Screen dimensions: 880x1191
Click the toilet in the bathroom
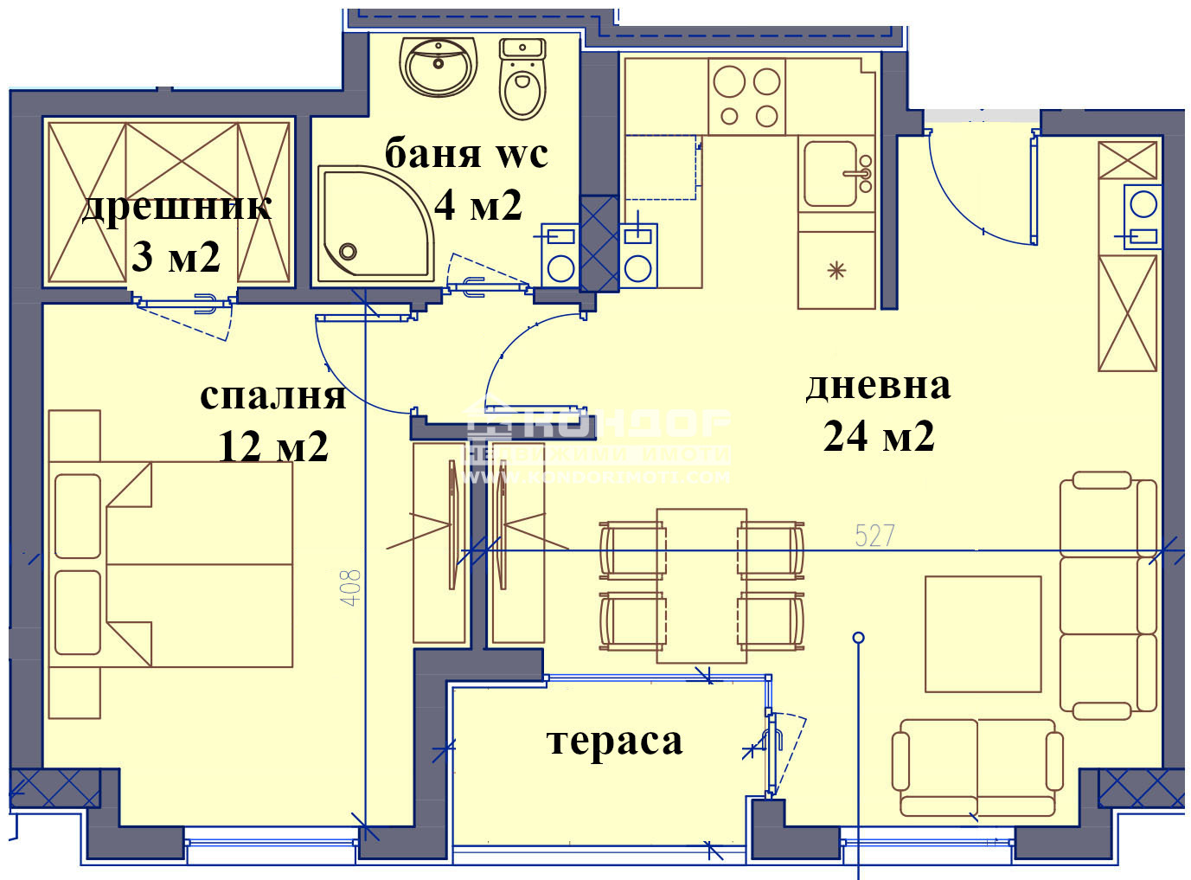coord(522,80)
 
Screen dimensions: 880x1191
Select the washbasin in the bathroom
coord(439,66)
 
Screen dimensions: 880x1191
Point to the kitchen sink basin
coord(830,174)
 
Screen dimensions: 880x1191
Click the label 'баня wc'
coord(466,154)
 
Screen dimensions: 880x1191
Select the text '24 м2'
coord(879,436)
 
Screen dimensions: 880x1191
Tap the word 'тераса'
coord(615,741)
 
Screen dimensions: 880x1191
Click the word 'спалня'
coord(272,395)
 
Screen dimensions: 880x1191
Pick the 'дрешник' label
coord(176,207)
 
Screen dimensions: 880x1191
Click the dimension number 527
coord(874,536)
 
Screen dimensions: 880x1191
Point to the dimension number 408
coord(350,587)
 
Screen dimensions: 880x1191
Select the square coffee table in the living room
coord(983,634)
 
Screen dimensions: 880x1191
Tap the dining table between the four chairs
coord(701,586)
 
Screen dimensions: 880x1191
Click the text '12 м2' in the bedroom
coord(273,446)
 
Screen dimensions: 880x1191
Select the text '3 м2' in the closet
coord(176,257)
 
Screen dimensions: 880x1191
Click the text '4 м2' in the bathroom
coord(478,205)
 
